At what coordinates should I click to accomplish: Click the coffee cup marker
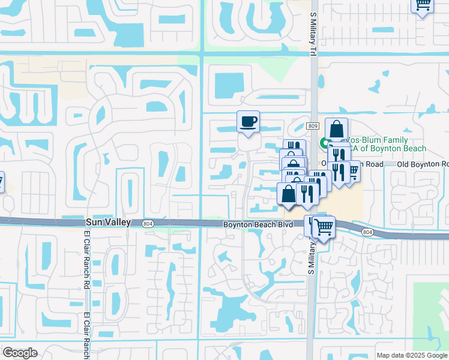tap(248, 122)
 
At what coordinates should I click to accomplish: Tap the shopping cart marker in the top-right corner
tap(423, 5)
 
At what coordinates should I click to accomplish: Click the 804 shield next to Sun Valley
tap(148, 224)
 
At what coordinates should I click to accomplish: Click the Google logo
tap(20, 353)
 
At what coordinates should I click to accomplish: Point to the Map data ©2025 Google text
tap(411, 355)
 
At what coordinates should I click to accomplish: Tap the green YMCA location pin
tap(324, 143)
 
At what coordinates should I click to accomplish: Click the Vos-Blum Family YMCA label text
tap(384, 144)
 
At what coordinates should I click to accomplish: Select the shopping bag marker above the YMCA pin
tap(336, 129)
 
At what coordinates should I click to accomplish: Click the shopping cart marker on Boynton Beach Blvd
tap(324, 227)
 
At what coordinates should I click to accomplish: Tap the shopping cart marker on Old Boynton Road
tap(354, 170)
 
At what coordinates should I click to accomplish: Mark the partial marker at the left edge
tap(1, 181)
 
